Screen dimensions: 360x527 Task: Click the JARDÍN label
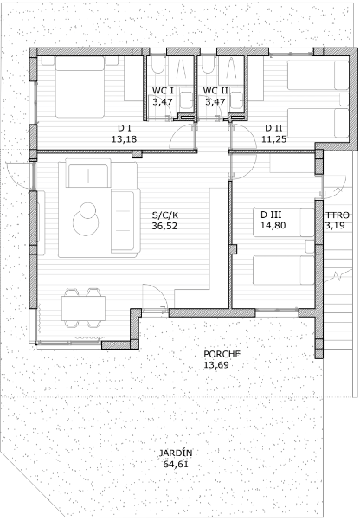click(176, 453)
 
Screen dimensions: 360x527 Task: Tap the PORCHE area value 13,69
click(216, 365)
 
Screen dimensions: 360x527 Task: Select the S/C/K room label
click(164, 215)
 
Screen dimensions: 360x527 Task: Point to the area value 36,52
click(164, 226)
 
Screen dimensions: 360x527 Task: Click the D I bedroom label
click(124, 128)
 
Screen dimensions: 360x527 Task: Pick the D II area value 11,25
click(274, 138)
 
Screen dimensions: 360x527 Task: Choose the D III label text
click(271, 215)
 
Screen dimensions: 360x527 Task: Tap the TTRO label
click(337, 215)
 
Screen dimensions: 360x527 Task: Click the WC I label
click(163, 91)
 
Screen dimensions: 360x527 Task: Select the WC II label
click(215, 91)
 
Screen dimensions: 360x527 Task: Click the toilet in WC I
click(157, 64)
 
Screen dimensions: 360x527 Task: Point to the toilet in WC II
click(209, 64)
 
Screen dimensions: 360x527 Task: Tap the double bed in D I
click(80, 87)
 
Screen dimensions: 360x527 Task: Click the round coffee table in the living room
click(86, 219)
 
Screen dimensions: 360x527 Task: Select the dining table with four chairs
click(83, 308)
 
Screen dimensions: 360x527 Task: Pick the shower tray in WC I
click(181, 70)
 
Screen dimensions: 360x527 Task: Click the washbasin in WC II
click(237, 100)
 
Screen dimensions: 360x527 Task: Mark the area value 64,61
click(176, 465)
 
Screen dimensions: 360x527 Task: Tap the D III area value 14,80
click(273, 225)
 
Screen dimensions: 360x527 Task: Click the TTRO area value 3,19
click(335, 226)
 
